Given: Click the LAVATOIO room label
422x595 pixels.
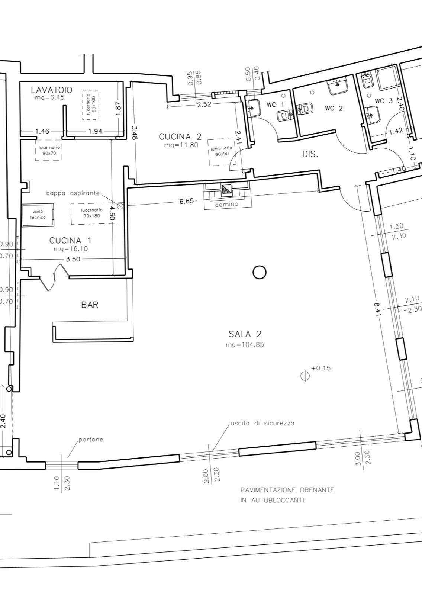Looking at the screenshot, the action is coord(52,90).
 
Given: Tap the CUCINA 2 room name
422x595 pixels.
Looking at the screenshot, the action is coord(180,137).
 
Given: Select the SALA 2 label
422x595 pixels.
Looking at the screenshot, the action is coord(245,334).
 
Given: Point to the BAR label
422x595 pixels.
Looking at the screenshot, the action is coord(90,305).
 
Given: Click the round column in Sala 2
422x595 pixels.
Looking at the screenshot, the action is coord(260,273).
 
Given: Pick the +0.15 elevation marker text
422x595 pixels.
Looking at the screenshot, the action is coord(321,368).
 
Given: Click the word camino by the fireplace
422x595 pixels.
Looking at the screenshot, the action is coord(226,205).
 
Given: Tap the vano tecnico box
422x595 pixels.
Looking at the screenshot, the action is coord(38,215).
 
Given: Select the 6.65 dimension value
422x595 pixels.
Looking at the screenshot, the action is coord(186,201).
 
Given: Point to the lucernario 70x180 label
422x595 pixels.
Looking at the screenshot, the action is coord(92,213).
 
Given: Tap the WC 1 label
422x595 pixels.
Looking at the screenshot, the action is coord(276,105).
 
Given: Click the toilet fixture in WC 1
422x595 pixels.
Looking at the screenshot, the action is coord(285,116).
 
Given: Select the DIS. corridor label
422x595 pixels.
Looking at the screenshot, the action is coord(310,154).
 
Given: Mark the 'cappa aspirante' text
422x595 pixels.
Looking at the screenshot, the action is coord(73,193).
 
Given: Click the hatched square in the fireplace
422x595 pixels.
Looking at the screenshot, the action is coord(226,189).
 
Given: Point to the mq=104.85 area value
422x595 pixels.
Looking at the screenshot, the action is coord(245,345).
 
